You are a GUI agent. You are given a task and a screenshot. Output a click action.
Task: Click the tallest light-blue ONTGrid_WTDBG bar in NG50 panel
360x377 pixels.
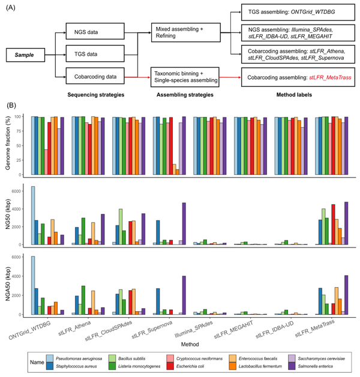point(32,216)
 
